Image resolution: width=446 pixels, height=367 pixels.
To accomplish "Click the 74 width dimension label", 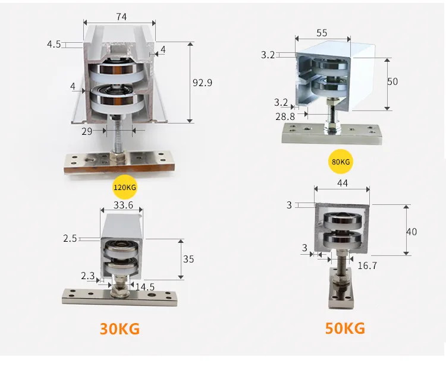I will (121, 17).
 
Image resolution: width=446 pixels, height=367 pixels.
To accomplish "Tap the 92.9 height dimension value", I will (202, 83).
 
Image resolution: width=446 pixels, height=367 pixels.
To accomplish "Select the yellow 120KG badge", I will (125, 188).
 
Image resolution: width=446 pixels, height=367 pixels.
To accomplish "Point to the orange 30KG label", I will (121, 328).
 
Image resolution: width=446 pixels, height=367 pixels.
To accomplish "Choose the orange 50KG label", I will (345, 328).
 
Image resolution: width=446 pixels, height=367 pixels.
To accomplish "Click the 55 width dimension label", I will (322, 33).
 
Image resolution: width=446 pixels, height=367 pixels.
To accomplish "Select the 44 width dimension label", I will (342, 184).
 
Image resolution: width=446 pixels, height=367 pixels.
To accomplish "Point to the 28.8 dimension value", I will (285, 116).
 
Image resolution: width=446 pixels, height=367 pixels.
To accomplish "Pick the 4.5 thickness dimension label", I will (54, 44).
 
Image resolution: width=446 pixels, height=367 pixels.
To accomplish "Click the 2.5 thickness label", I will (70, 239).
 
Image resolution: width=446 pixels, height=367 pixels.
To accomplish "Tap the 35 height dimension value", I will (189, 259).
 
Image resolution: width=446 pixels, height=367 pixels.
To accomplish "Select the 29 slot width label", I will (87, 131).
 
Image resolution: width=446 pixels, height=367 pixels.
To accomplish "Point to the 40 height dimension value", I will (412, 232).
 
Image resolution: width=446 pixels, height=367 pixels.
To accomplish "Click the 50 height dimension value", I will (392, 81).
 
